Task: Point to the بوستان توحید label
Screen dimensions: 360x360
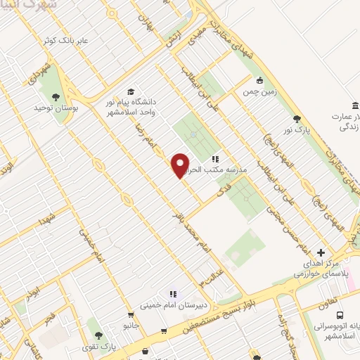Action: pyautogui.click(x=53, y=109)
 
